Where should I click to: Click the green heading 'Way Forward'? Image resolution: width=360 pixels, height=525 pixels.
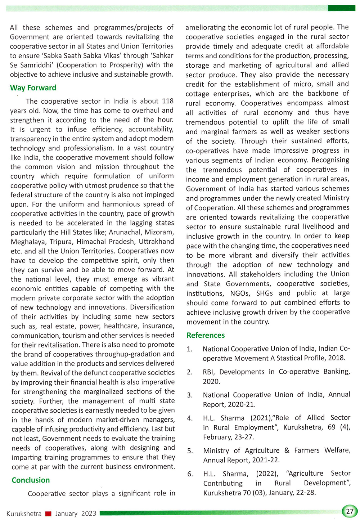tap(33, 88)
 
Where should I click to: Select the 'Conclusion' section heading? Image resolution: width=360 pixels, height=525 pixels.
tap(31, 480)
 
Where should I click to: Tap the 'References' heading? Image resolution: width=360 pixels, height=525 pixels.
tap(206, 335)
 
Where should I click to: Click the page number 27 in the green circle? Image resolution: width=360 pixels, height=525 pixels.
tap(350, 511)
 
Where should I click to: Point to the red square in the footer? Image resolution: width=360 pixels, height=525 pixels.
tap(48, 514)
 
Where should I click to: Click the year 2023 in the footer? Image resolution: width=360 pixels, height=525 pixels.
tap(89, 513)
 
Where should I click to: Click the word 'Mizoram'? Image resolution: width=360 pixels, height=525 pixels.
tap(161, 232)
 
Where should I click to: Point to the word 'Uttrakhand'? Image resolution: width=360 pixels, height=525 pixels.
tap(156, 242)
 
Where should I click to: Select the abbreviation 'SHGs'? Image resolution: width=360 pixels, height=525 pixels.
tap(265, 293)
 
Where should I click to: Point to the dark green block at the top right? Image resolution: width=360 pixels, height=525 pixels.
tap(341, 8)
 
